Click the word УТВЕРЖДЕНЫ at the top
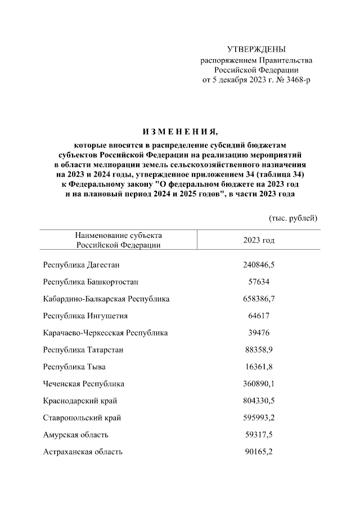tap(256, 49)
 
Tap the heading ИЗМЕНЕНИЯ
tap(179, 132)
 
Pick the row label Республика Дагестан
tap(82, 264)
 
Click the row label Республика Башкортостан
tap(91, 281)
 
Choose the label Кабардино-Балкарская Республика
tap(106, 299)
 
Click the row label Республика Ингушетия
tap(85, 316)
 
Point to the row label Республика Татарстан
tap(83, 350)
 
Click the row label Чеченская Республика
tap(84, 384)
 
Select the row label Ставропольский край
tap(82, 418)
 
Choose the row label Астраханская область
tap(83, 452)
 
